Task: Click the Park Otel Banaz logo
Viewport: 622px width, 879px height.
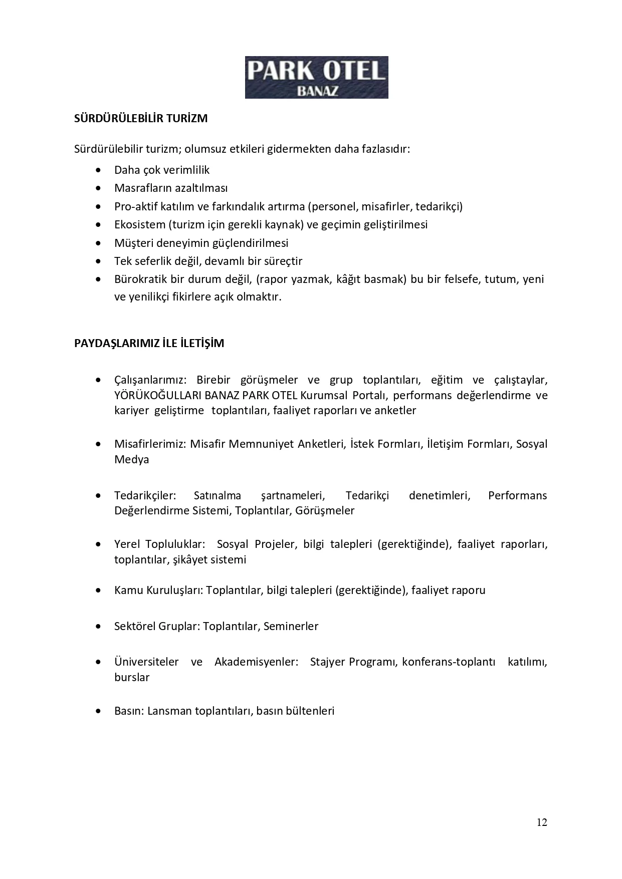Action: [x=316, y=77]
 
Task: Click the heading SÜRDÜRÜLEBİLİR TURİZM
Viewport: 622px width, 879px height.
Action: [x=141, y=119]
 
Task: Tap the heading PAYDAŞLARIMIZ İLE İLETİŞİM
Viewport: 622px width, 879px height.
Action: [x=149, y=343]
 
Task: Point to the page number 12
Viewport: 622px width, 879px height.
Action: [x=542, y=822]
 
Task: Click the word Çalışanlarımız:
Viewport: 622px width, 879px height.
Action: [x=150, y=380]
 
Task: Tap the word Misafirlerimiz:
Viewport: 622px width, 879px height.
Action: [x=150, y=444]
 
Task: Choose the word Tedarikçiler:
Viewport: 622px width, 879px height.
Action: [x=145, y=496]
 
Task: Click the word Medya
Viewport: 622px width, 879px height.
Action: [x=131, y=459]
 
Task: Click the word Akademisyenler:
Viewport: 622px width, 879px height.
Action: [x=256, y=662]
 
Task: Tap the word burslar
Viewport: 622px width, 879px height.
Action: [x=132, y=677]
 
